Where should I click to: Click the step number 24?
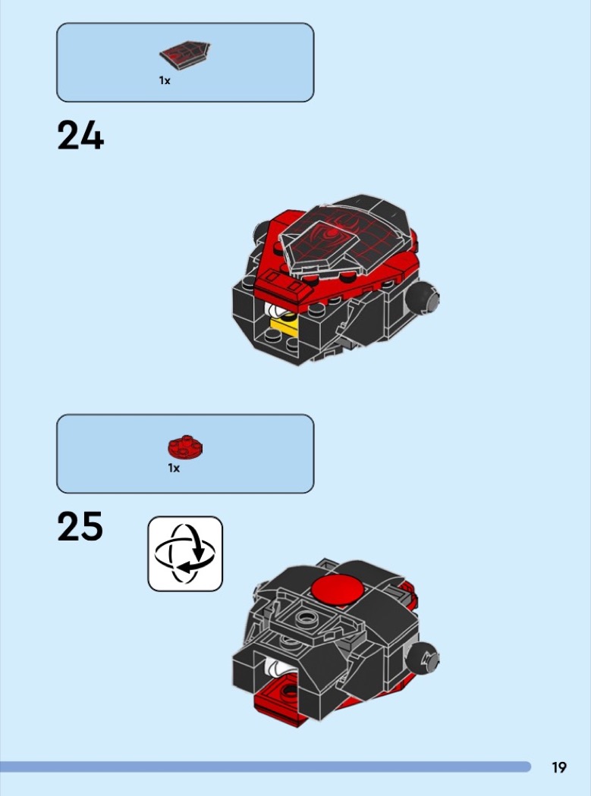coord(80,135)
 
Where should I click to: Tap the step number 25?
coord(80,526)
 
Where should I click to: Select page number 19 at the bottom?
coord(559,767)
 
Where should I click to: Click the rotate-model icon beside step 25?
coord(185,554)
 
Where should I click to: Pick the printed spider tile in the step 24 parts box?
coord(184,55)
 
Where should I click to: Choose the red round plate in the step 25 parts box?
coord(185,447)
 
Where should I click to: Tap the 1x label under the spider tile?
coord(165,80)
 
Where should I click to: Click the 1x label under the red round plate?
coord(174,468)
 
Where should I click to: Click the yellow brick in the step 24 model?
coord(284,327)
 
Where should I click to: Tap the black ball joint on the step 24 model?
coord(423,299)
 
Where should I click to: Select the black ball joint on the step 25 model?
coord(423,659)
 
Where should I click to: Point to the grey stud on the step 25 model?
coord(305,617)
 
